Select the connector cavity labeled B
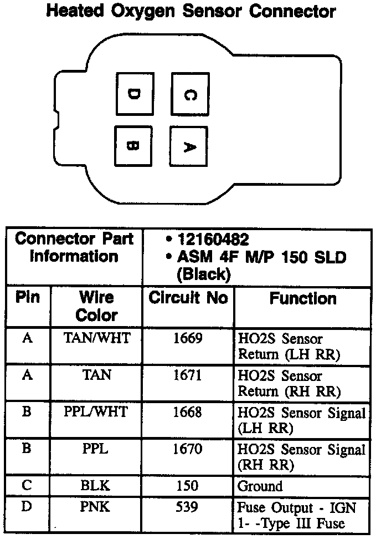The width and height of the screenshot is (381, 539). click(133, 146)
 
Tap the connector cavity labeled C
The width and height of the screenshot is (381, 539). click(189, 94)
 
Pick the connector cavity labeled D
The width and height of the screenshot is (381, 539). click(133, 94)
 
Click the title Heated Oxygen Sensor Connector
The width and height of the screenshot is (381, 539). click(190, 11)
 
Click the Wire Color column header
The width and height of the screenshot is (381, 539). click(96, 306)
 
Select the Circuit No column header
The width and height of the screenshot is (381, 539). click(188, 298)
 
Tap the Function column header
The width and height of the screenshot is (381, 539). click(302, 299)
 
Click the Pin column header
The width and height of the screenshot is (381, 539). click(28, 298)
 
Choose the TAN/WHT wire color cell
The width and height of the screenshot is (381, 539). click(96, 338)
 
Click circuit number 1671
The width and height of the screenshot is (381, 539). click(188, 376)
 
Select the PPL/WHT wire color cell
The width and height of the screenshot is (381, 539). click(96, 413)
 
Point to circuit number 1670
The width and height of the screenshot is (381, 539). click(188, 450)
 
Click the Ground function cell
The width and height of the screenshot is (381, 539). click(260, 487)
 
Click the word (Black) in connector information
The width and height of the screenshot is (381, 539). click(203, 274)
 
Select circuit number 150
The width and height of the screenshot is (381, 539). click(188, 486)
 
